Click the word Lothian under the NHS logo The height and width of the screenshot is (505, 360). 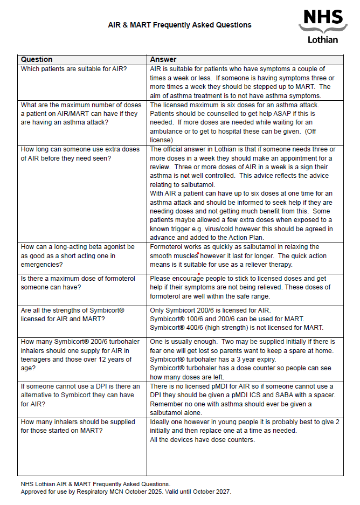(323, 39)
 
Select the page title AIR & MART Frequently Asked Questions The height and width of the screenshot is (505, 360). (179, 25)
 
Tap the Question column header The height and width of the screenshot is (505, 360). (37, 59)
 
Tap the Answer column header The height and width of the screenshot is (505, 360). (163, 59)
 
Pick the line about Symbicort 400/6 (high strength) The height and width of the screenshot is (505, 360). (237, 328)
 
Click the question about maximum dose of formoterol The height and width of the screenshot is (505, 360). (78, 283)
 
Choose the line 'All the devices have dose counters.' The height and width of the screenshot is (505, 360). (202, 439)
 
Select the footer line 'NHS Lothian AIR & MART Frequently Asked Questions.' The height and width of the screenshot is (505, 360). (95, 484)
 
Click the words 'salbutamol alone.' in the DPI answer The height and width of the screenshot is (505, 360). (176, 412)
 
